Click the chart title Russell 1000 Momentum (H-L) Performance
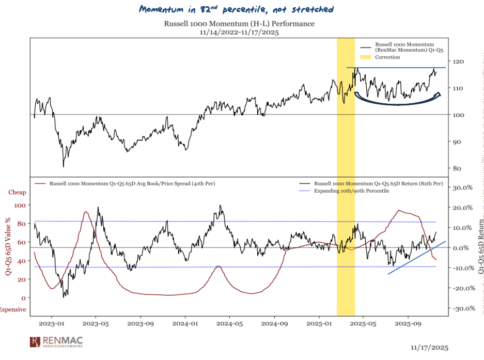[x=239, y=24]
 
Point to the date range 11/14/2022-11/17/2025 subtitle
[x=239, y=32]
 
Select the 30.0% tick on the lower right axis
[x=463, y=187]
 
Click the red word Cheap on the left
[x=17, y=193]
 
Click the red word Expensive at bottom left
[x=13, y=309]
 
